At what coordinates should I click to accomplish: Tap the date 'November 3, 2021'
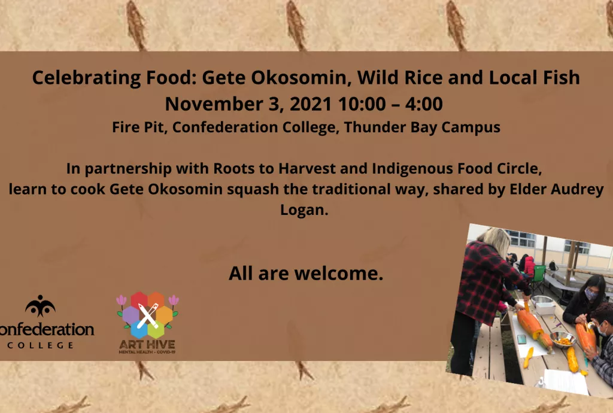tap(248, 104)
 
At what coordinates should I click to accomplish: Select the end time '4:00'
tap(424, 104)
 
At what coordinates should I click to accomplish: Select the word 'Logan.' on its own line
tap(304, 210)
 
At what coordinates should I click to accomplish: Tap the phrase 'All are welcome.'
tap(306, 273)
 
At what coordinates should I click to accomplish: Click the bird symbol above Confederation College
tap(40, 305)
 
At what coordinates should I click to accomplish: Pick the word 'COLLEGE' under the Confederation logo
tap(41, 345)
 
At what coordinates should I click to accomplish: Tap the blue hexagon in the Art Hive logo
tap(139, 329)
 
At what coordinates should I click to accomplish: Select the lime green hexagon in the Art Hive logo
tap(156, 329)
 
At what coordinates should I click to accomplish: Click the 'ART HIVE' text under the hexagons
tap(147, 345)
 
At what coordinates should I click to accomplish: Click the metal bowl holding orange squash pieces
tap(563, 339)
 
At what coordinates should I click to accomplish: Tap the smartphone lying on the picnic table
tap(521, 339)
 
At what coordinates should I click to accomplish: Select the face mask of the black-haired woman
tap(590, 294)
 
